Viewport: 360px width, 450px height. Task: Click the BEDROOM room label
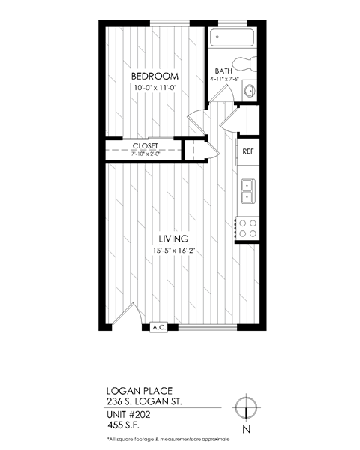154,77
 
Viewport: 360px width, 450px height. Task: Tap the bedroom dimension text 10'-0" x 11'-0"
154,88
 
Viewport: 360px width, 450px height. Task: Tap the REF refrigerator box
247,151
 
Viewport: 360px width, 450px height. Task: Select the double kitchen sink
247,191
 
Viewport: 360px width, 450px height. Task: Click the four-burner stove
247,227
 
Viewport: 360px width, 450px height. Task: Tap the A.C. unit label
159,327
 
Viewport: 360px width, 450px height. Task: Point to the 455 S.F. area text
124,425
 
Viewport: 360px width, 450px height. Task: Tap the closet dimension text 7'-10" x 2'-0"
144,155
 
